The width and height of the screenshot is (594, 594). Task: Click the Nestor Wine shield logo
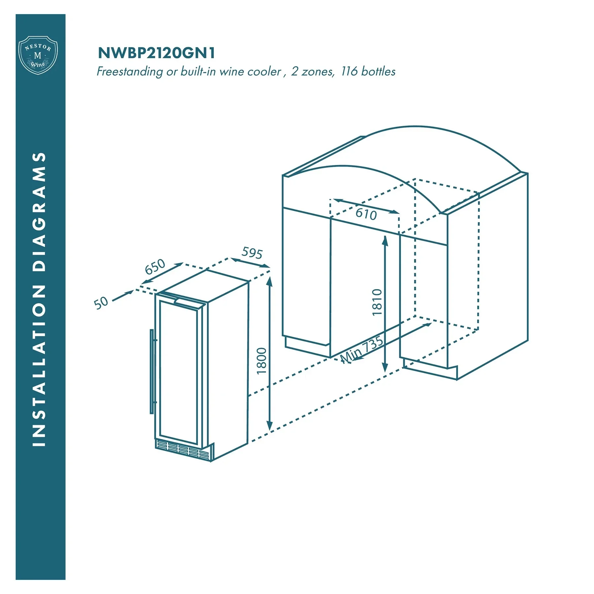[38, 55]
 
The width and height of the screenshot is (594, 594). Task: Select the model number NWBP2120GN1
[156, 53]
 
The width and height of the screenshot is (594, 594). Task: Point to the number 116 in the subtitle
[349, 71]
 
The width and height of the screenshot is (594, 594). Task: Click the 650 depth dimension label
[155, 267]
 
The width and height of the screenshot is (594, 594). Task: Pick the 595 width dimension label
[252, 253]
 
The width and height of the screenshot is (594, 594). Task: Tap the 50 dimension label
[101, 303]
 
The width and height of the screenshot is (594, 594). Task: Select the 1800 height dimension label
[261, 361]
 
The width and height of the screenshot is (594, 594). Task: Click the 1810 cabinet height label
[377, 302]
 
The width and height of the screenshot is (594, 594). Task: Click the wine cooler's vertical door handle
[152, 371]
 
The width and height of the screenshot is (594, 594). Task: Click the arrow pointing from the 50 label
[123, 296]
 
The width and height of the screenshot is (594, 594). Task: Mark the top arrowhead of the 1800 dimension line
[270, 281]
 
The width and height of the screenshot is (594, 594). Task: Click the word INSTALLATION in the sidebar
[39, 366]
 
